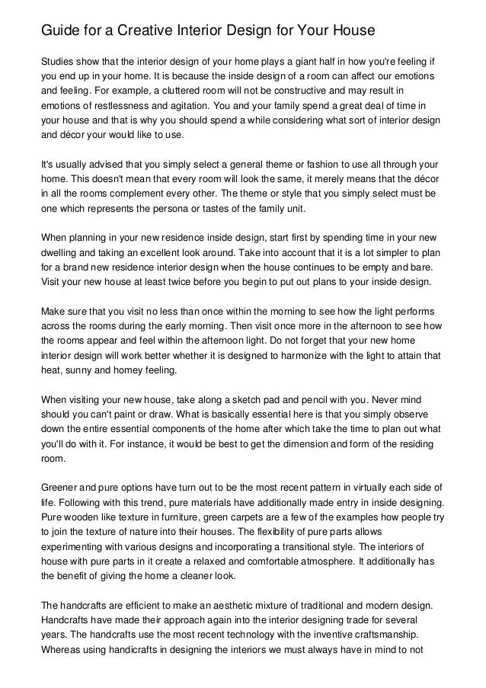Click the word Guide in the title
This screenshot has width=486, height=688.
coord(59,31)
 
